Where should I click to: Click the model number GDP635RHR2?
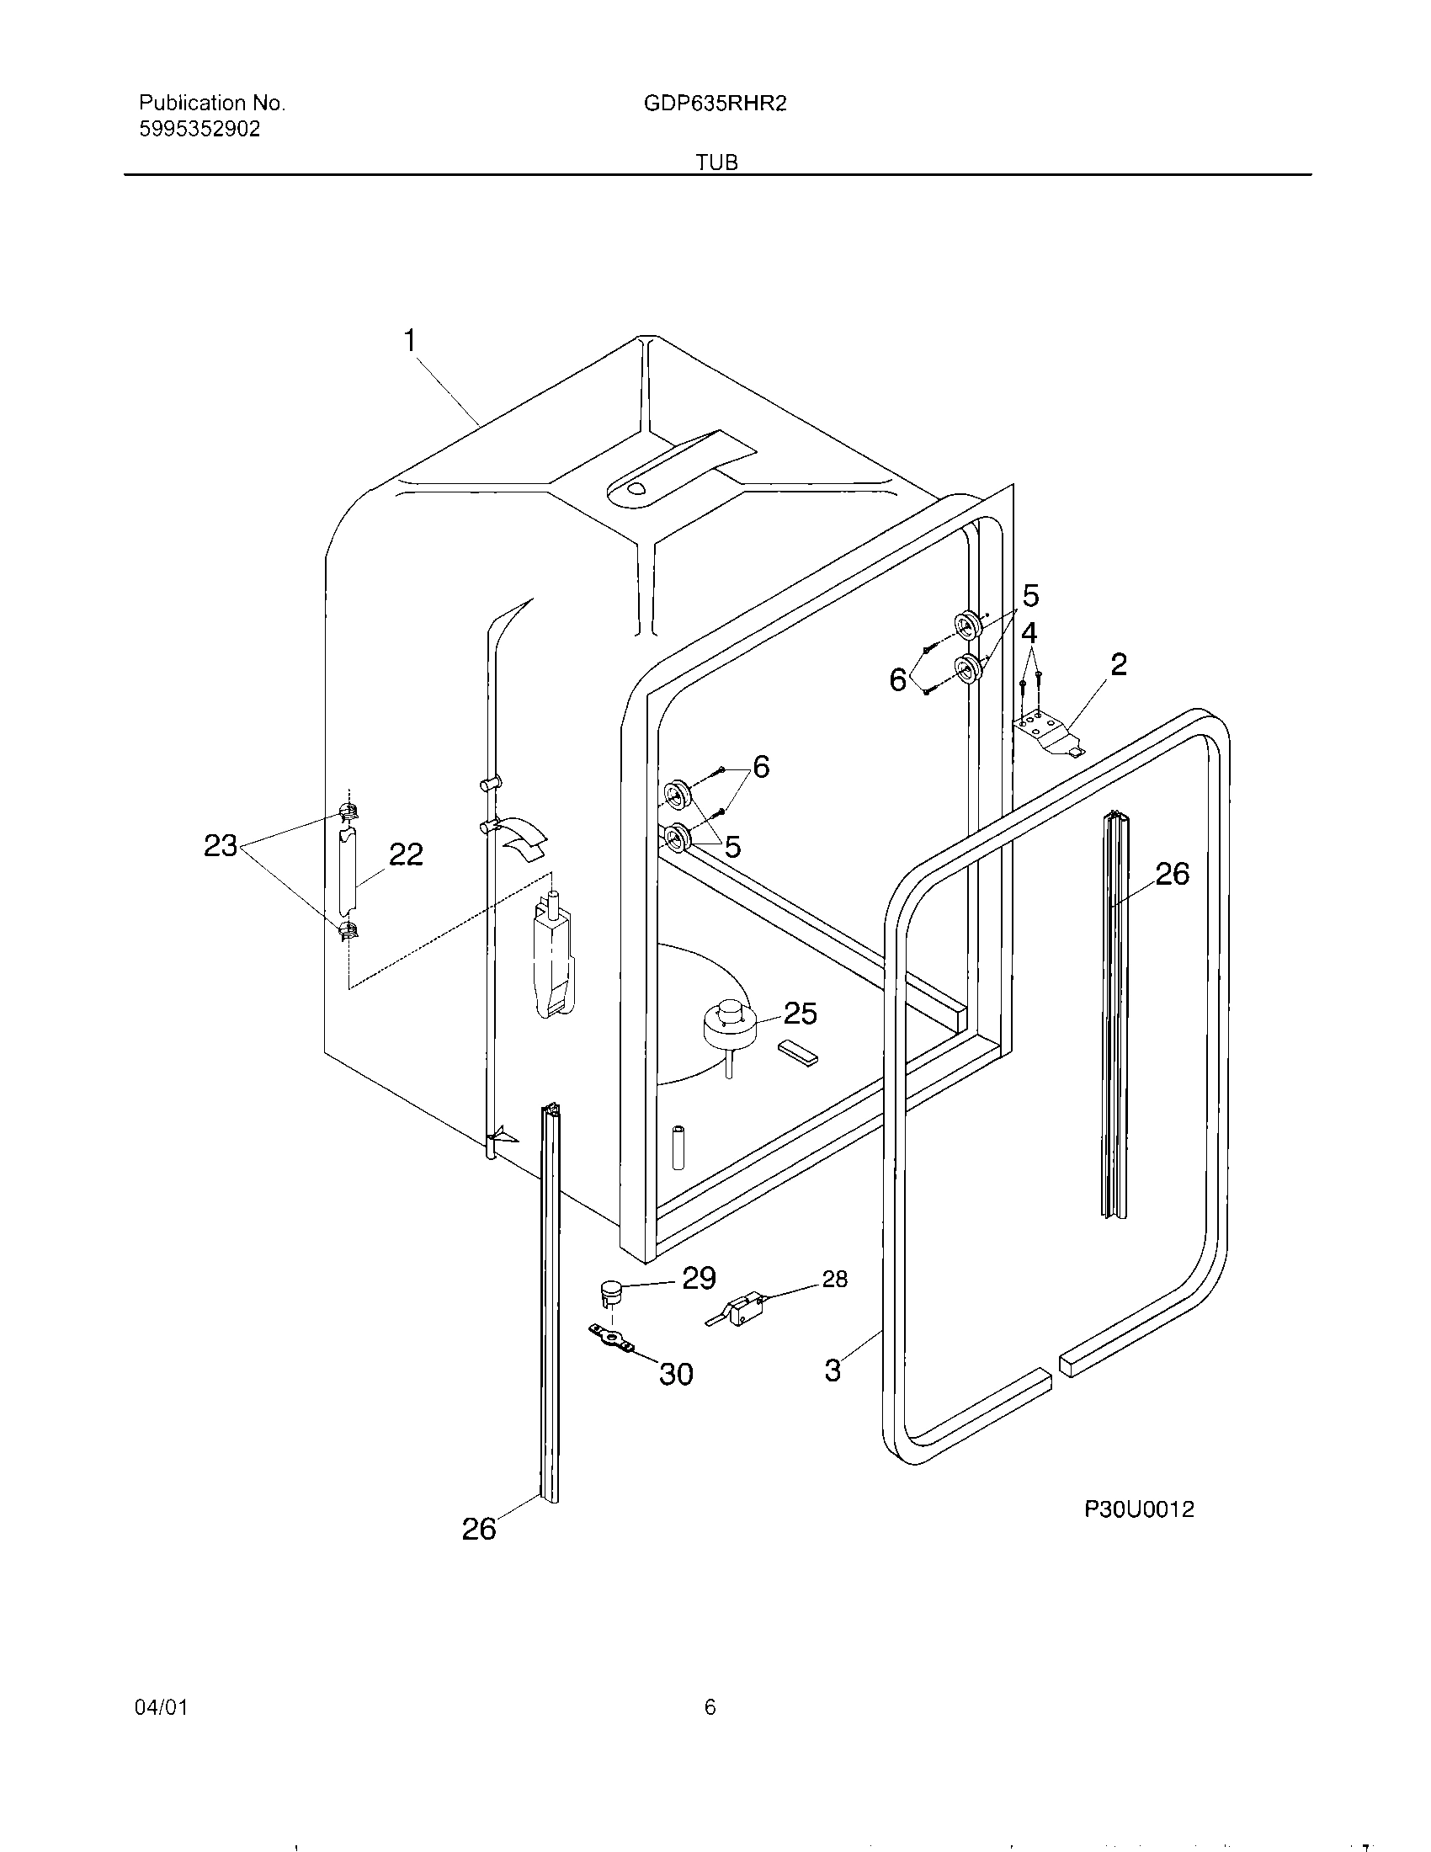pos(715,104)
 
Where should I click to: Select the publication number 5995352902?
pos(199,130)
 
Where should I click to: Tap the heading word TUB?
pos(716,162)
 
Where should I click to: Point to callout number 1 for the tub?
pos(410,342)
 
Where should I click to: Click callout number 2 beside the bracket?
pos(1118,664)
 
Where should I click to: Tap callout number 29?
pos(699,1278)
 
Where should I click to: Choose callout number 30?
pos(676,1374)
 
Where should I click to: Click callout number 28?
pos(834,1279)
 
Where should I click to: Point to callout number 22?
pos(405,854)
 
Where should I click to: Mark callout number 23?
pos(221,845)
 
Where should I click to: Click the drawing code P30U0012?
pos(1139,1509)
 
